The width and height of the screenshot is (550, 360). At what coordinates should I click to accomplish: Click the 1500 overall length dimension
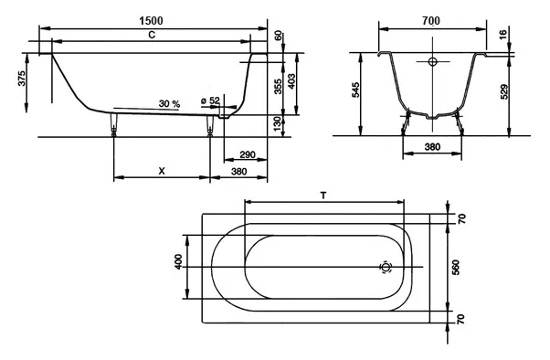click(151, 21)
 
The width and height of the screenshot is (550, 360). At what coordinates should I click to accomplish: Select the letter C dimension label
click(152, 35)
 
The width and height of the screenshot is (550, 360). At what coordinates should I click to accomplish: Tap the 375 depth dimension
click(22, 79)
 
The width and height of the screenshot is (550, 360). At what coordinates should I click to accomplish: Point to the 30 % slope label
click(169, 104)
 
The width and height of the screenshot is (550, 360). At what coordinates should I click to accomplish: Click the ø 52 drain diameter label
click(210, 101)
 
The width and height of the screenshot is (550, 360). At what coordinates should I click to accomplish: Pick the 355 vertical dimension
click(278, 87)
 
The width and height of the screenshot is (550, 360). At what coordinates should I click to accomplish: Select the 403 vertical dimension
click(291, 81)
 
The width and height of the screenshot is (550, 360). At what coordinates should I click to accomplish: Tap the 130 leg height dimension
click(277, 124)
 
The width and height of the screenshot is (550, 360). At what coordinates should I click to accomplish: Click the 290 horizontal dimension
click(248, 154)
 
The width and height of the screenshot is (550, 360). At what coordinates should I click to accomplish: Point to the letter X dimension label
click(162, 171)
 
